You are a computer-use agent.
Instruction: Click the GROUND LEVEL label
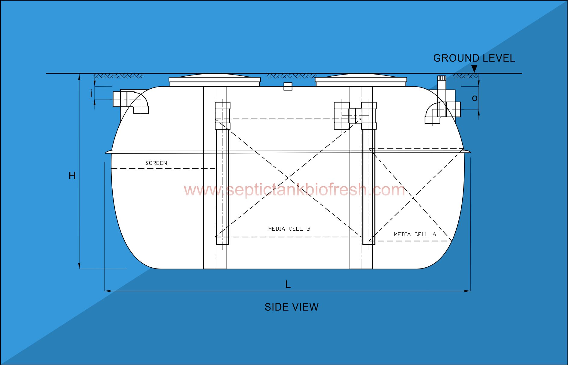click(x=474, y=58)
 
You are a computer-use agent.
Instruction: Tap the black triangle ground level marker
click(x=474, y=69)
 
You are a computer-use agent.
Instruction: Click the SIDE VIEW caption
click(x=291, y=307)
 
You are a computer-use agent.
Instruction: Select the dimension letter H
click(x=72, y=176)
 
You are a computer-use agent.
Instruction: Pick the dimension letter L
click(x=288, y=284)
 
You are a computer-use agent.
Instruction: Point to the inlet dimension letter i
click(x=91, y=94)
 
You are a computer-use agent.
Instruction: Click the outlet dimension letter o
click(x=475, y=98)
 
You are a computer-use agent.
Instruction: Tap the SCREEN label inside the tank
click(x=156, y=163)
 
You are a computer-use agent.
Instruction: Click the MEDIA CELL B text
click(x=289, y=229)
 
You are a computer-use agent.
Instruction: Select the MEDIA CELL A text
click(x=415, y=234)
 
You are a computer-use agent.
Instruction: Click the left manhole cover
click(x=214, y=80)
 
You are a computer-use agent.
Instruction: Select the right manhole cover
click(x=361, y=80)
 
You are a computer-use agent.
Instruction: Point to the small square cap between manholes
click(x=288, y=86)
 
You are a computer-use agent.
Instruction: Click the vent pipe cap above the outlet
click(x=442, y=78)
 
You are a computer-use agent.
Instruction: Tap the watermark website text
click(x=294, y=190)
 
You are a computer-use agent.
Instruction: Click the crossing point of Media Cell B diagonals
click(x=288, y=178)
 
